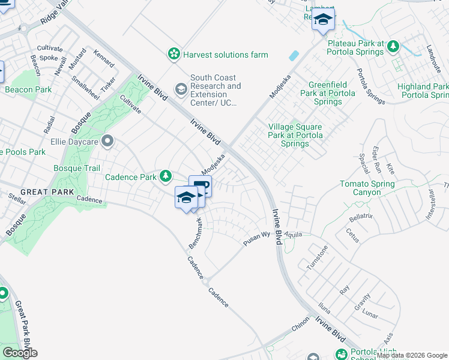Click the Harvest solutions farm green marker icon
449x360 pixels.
[x=173, y=55]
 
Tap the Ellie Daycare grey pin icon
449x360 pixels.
[x=107, y=142]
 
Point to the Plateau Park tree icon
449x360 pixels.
[x=393, y=46]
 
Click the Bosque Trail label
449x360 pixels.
[x=77, y=169]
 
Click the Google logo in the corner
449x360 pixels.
[x=20, y=352]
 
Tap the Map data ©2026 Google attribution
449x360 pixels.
[x=412, y=356]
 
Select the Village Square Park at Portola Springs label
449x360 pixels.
[x=295, y=135]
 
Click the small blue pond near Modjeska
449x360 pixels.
[x=293, y=56]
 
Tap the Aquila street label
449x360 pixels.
[x=294, y=234]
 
